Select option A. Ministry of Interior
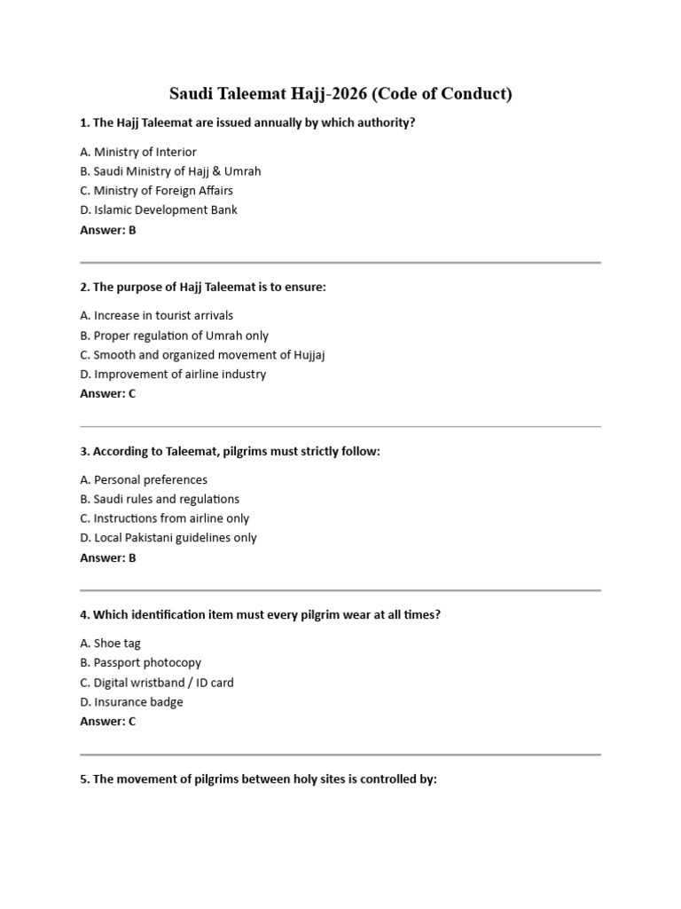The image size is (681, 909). coord(138,152)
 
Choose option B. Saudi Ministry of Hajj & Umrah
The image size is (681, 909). coord(170,171)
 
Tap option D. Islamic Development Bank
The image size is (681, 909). coord(159,210)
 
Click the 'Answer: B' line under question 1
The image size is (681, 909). coord(108,230)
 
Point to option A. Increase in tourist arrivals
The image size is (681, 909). coord(157,315)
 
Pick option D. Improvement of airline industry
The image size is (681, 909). coord(173,375)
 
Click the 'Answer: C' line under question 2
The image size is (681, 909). coord(108,393)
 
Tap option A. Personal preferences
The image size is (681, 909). coord(144,479)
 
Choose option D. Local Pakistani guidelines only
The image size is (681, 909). coord(168,538)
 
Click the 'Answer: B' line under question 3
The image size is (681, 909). coord(108,557)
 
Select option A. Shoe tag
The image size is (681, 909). coord(110,644)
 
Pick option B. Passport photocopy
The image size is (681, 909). coord(141,663)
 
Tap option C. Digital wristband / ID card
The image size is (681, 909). coord(157,683)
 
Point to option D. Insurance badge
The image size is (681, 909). coord(131,702)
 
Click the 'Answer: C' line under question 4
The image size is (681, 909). coord(108,722)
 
